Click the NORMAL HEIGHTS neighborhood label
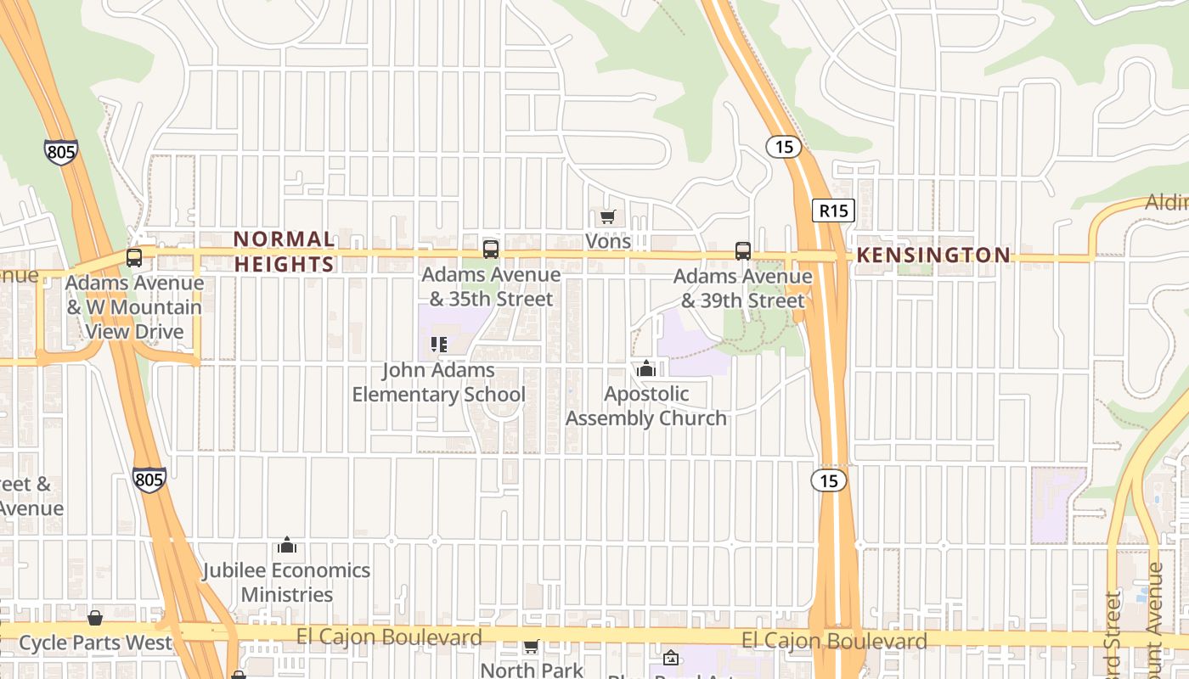[284, 251]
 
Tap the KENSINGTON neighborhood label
[933, 255]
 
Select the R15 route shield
[832, 210]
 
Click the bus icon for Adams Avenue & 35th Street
[491, 249]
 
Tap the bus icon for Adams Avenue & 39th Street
[743, 250]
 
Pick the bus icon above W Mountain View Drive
[134, 257]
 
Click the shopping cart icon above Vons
[607, 217]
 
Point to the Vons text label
[608, 241]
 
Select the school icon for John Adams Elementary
[438, 345]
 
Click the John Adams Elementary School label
[438, 382]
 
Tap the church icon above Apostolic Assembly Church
[645, 368]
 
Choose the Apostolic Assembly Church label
[645, 406]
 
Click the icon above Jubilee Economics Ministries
[287, 544]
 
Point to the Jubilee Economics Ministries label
[286, 581]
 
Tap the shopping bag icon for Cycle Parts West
[95, 618]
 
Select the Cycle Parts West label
[95, 643]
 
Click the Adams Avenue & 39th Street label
[742, 289]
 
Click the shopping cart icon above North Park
[532, 647]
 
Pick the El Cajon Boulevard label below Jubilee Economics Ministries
[389, 637]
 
